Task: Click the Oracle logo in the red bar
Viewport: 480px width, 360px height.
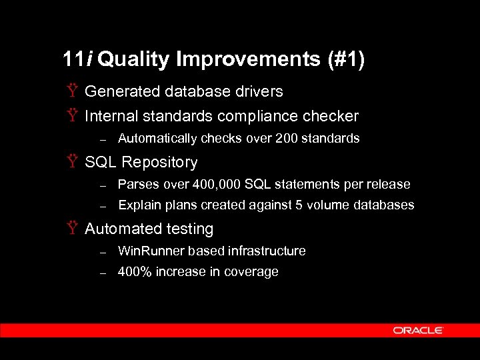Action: pos(418,330)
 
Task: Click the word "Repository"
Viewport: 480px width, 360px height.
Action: pos(160,163)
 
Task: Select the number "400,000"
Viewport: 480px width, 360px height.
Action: pos(215,184)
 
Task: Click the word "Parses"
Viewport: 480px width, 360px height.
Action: pos(135,184)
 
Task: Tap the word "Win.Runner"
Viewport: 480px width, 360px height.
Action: pos(151,251)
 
